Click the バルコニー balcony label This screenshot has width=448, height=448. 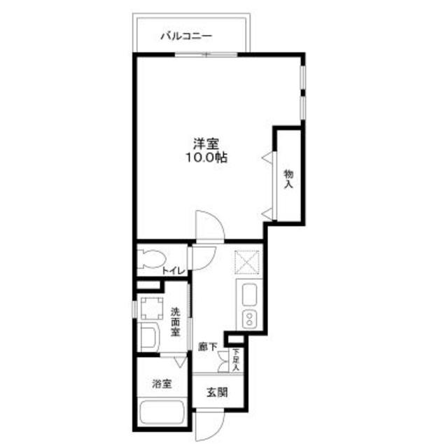pyautogui.click(x=185, y=34)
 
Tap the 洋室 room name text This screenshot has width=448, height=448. pyautogui.click(x=206, y=144)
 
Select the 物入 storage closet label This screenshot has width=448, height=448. pyautogui.click(x=288, y=178)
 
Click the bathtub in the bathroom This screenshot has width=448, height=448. pyautogui.click(x=162, y=414)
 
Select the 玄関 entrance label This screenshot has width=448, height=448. pyautogui.click(x=216, y=393)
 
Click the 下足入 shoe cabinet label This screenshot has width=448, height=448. pyautogui.click(x=237, y=360)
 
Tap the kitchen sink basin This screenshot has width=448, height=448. pyautogui.click(x=250, y=296)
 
